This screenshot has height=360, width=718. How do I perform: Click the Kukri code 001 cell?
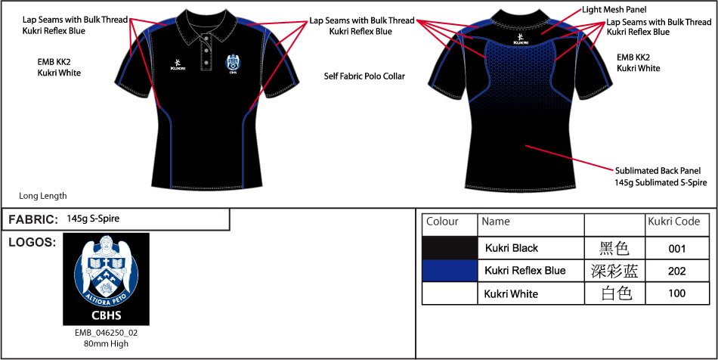point(677,248)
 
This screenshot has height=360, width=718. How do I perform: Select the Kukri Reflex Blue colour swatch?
point(450,271)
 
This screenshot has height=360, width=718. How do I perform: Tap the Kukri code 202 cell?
point(677,271)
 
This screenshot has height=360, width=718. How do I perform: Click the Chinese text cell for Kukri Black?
point(614,248)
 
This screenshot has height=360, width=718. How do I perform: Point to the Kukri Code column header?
point(673,222)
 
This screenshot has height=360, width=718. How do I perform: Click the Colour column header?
point(443,222)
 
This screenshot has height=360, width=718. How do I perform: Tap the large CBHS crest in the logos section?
point(106,279)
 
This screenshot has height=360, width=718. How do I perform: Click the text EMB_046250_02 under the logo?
point(106,332)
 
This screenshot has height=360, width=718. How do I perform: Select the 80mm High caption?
point(106,344)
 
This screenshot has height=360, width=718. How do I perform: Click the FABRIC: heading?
point(33,220)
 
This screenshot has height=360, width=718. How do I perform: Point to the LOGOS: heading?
point(32,242)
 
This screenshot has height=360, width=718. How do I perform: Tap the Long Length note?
point(43,196)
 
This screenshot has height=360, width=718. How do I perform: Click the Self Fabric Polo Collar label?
point(364,76)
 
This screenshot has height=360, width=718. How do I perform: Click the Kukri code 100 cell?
point(677,293)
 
